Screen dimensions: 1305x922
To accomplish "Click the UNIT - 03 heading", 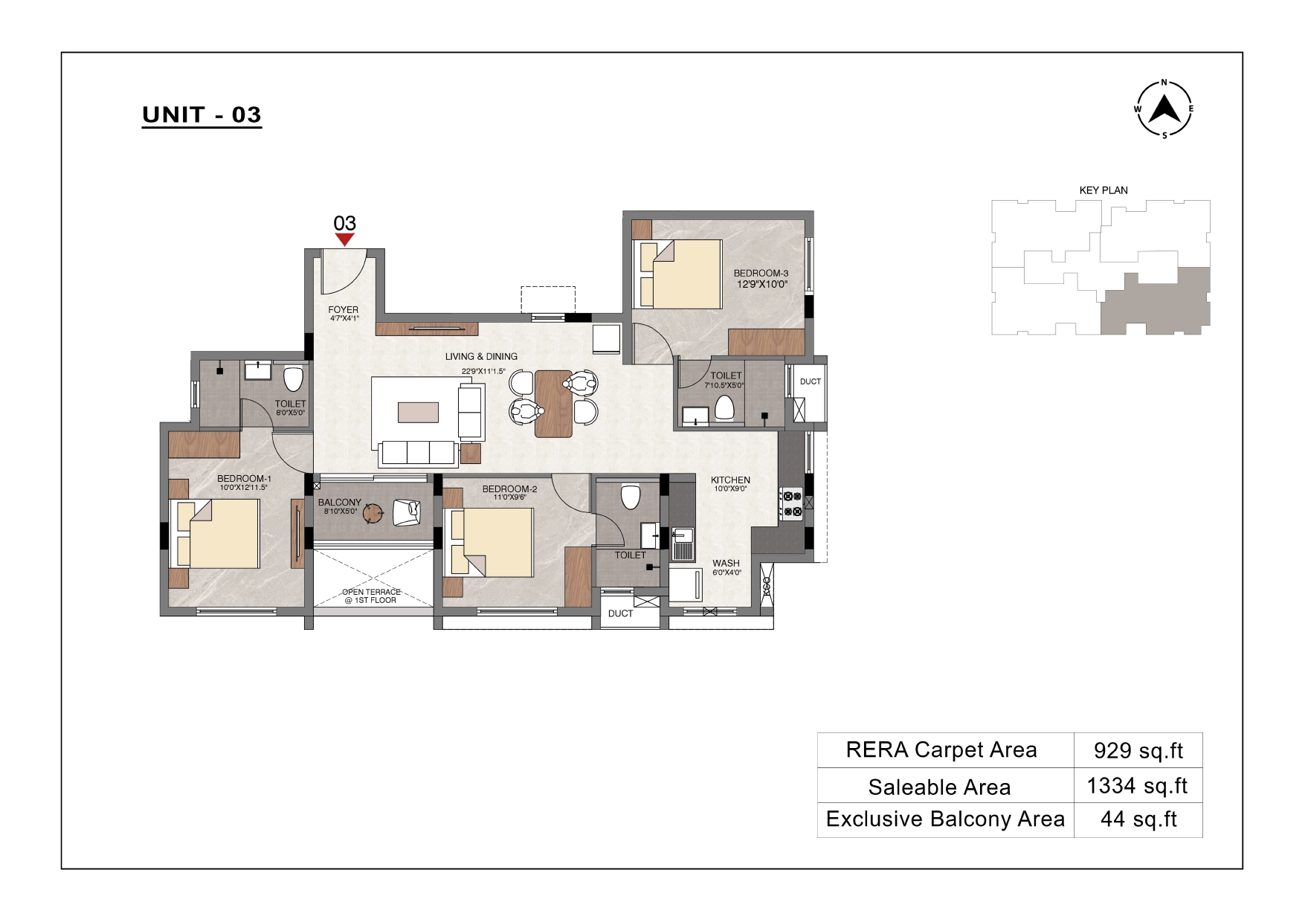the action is pyautogui.click(x=202, y=115).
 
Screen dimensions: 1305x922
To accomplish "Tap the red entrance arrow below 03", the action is pyautogui.click(x=344, y=239).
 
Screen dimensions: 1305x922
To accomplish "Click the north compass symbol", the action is pyautogui.click(x=1164, y=109).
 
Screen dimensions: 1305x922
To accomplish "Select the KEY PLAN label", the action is pyautogui.click(x=1103, y=190).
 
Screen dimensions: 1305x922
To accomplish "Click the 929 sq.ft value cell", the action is pyautogui.click(x=1138, y=750).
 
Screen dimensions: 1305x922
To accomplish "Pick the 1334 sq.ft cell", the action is pyautogui.click(x=1138, y=786).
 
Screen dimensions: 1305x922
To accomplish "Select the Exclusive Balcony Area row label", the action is pyautogui.click(x=946, y=819).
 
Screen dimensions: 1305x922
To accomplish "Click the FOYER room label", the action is pyautogui.click(x=344, y=310).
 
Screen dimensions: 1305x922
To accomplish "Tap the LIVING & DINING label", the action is pyautogui.click(x=482, y=357).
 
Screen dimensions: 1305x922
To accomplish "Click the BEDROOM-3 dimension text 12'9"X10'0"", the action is pyautogui.click(x=762, y=284).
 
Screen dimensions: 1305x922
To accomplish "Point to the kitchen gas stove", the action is pyautogui.click(x=791, y=503).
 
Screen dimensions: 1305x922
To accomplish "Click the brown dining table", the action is pyautogui.click(x=554, y=404).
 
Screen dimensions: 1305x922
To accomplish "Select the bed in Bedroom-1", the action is pyautogui.click(x=216, y=534).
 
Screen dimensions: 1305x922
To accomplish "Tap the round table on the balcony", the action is pyautogui.click(x=373, y=512).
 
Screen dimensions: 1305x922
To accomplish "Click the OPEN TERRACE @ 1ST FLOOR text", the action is pyautogui.click(x=371, y=596).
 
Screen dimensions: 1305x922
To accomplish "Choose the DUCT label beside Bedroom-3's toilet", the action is pyautogui.click(x=811, y=381).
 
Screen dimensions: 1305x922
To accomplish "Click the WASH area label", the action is pyautogui.click(x=726, y=564).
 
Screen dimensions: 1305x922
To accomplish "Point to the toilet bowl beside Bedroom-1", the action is pyautogui.click(x=294, y=378).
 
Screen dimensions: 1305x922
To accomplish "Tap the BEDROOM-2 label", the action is pyautogui.click(x=509, y=489).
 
